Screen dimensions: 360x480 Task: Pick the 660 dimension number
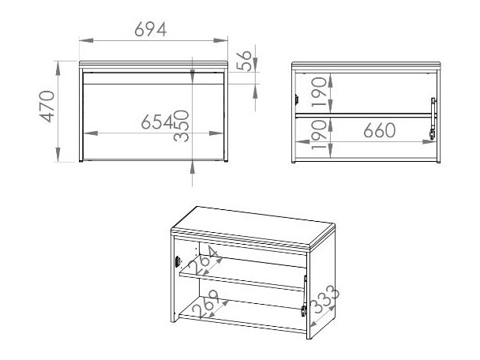380,132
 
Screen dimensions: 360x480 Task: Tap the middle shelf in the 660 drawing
363,115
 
